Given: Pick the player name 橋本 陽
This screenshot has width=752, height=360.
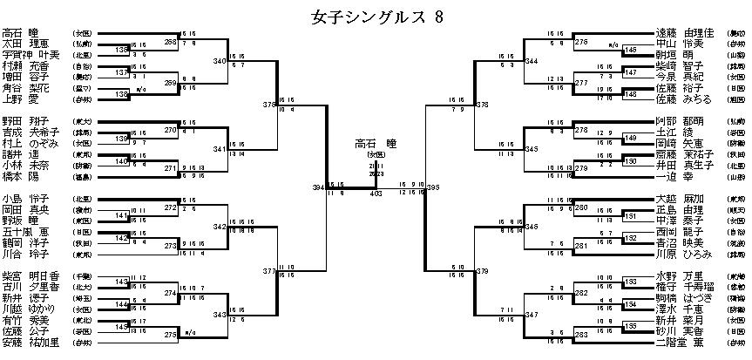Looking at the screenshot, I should click(x=24, y=176).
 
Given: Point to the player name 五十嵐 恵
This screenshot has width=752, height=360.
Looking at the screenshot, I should click(x=30, y=232).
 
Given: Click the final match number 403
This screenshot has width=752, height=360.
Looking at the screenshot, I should click(x=376, y=194).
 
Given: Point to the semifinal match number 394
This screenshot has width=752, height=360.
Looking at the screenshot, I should click(x=320, y=187).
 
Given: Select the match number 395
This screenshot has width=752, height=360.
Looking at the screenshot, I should click(x=433, y=187).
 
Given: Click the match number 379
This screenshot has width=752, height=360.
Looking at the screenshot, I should click(x=482, y=272).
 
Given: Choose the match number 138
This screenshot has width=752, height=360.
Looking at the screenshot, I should click(x=122, y=92).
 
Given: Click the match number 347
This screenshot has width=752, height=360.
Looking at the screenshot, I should click(x=531, y=313).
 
